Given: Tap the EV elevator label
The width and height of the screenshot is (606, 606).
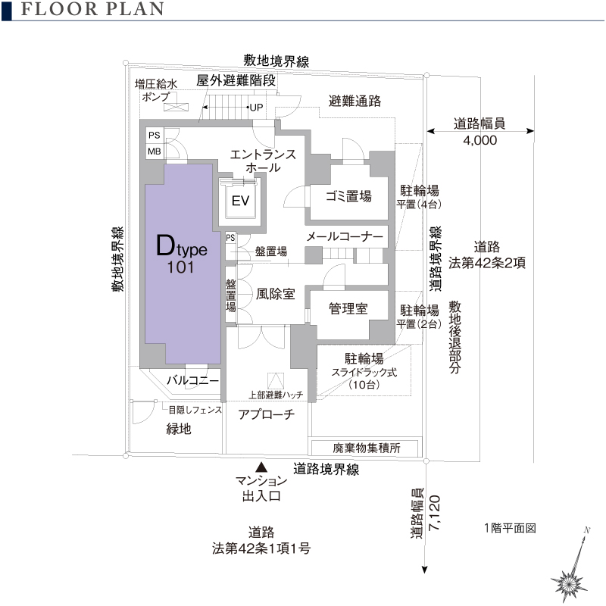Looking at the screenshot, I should click(241, 201).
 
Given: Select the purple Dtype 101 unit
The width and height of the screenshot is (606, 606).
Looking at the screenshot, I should click(182, 258).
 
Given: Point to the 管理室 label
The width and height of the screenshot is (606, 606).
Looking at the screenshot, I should click(348, 309).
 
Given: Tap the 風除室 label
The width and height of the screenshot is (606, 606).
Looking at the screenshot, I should click(275, 294).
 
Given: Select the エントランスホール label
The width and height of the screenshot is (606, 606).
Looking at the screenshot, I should click(263, 161).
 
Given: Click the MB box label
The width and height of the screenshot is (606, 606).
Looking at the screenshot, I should click(154, 151).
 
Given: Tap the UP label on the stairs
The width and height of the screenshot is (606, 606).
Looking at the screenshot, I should click(257, 107).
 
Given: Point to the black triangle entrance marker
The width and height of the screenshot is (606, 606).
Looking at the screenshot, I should click(261, 467).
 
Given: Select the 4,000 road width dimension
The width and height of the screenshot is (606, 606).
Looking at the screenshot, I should click(479, 141).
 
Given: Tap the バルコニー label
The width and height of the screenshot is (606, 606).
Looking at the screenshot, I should click(193, 380).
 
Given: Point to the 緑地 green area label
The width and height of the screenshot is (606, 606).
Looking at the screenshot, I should click(179, 430).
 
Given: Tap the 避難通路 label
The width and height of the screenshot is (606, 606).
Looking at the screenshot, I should click(355, 101).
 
